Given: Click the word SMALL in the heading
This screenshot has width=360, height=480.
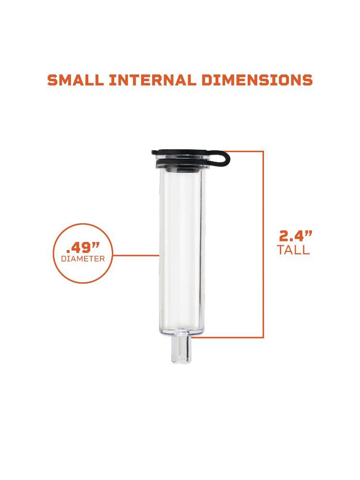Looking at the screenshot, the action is click(76, 80).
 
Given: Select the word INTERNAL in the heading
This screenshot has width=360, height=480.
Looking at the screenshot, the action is click(153, 80).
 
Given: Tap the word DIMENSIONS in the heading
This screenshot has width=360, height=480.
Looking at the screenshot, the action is click(257, 80).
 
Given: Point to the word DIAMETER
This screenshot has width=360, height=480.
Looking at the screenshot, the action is click(83, 259).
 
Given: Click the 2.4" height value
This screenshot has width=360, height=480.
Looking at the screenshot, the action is click(296, 236).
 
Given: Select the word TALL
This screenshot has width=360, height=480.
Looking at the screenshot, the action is click(293, 250).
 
